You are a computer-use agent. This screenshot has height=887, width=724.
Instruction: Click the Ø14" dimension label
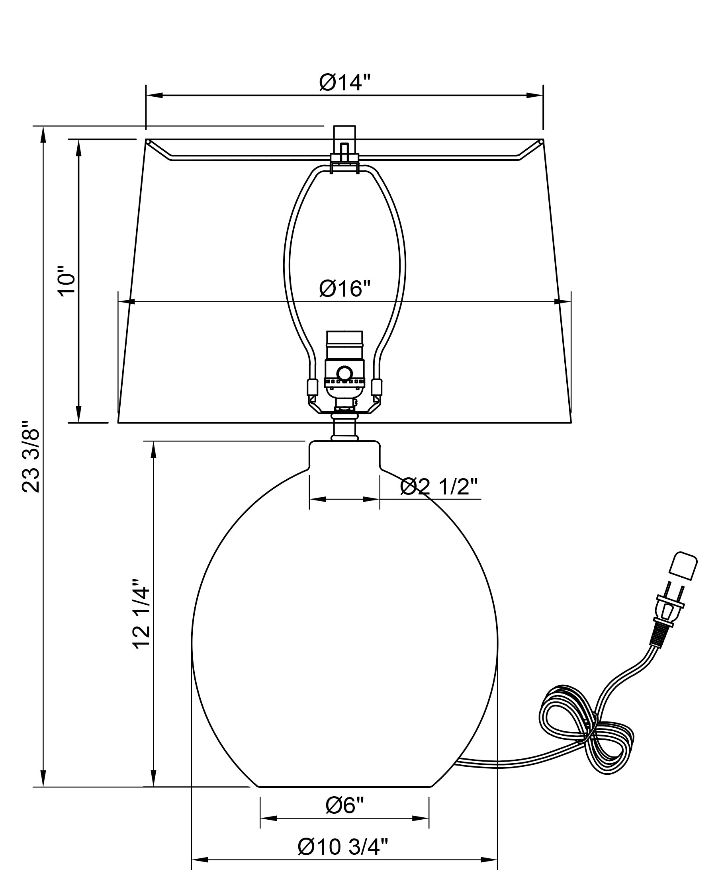coord(344,82)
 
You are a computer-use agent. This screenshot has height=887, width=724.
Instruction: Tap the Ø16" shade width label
coord(344,289)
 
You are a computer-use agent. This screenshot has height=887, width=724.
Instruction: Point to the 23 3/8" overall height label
coord(31,455)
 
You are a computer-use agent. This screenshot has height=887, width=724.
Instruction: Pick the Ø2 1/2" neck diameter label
coord(439,486)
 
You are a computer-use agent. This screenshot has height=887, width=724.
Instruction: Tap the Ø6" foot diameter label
coord(344,805)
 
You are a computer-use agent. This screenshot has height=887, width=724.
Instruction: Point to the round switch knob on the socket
coord(344,373)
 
